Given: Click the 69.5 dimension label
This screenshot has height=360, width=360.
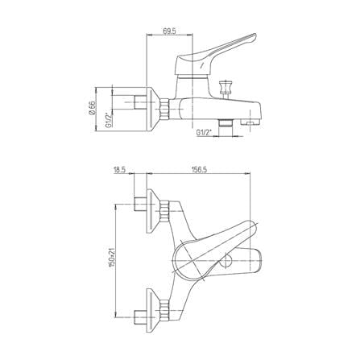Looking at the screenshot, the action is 169,31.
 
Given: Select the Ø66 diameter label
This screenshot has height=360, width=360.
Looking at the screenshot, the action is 92,108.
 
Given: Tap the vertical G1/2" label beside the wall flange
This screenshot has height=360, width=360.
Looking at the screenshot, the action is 108,121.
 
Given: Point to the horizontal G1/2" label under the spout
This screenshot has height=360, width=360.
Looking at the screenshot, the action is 204,132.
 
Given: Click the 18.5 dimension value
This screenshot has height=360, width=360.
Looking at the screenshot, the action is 120,170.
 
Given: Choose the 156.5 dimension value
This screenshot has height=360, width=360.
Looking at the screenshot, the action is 199,170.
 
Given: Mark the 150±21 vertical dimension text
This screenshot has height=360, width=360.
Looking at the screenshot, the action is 111,257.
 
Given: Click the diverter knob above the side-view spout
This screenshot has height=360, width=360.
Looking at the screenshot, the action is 226,87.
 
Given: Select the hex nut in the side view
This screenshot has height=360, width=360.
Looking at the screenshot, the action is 164,109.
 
